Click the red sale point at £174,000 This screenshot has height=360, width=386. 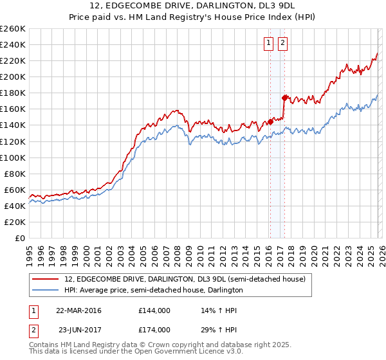[x=284, y=98]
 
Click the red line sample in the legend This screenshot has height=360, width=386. [x=46, y=280]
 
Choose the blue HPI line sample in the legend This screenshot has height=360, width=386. [x=46, y=290]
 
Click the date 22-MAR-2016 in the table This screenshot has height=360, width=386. [x=78, y=310]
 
